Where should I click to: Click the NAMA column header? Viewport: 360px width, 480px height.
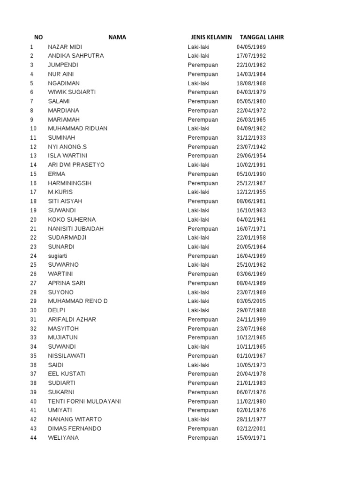tap(117, 37)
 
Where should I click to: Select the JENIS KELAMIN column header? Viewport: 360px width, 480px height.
tap(211, 37)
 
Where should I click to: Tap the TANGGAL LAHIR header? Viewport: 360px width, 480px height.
tap(262, 37)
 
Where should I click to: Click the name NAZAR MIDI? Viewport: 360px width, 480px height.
tap(65, 47)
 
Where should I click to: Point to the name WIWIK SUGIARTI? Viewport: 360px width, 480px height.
tap(72, 92)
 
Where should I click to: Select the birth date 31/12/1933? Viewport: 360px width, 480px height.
tap(251, 138)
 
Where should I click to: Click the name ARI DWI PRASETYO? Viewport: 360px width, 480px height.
tap(76, 165)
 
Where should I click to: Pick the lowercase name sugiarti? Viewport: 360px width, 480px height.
tap(61, 256)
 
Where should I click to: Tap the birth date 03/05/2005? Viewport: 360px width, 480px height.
tap(251, 301)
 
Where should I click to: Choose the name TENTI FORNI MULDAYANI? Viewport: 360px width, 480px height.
tap(84, 401)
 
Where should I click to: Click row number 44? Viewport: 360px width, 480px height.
tap(33, 438)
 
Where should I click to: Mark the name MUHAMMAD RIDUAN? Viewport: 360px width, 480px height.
tap(77, 128)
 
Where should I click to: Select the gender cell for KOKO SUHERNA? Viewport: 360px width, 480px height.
tap(199, 219)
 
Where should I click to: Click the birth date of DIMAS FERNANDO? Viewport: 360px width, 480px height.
tap(251, 428)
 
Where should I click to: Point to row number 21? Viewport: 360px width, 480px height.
tap(33, 229)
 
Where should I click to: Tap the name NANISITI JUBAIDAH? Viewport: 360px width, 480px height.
tap(76, 229)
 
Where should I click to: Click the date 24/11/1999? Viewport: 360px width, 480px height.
tap(251, 320)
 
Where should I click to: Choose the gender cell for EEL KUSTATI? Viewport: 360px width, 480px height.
tap(203, 374)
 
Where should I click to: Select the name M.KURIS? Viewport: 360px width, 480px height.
tap(60, 192)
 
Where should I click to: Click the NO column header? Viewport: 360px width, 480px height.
tap(38, 37)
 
